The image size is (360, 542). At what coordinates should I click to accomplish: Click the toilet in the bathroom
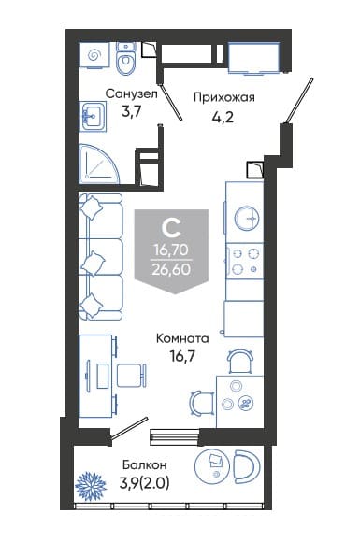click(125, 58)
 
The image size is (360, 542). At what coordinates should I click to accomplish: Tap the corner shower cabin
click(98, 164)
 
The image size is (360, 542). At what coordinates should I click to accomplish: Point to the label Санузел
click(132, 93)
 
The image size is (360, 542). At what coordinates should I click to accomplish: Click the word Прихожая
click(224, 98)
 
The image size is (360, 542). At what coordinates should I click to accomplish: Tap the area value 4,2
click(223, 118)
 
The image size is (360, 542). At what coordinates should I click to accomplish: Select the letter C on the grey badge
click(171, 228)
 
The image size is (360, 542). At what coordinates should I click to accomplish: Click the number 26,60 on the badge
click(171, 269)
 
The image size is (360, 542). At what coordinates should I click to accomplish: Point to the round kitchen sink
click(247, 219)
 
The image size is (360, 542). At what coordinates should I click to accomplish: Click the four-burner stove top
click(245, 261)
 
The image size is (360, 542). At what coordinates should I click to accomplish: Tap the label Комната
click(182, 338)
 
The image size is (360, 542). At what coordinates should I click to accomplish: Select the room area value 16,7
click(182, 355)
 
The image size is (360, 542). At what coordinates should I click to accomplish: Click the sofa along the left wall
click(101, 256)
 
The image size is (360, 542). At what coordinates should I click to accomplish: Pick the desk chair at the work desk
click(132, 376)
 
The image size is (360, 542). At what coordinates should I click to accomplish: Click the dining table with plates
click(240, 402)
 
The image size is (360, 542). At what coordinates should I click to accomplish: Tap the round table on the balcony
click(212, 465)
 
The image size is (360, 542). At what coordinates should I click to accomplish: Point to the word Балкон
click(145, 465)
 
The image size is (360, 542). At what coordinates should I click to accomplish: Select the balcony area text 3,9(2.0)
click(144, 483)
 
